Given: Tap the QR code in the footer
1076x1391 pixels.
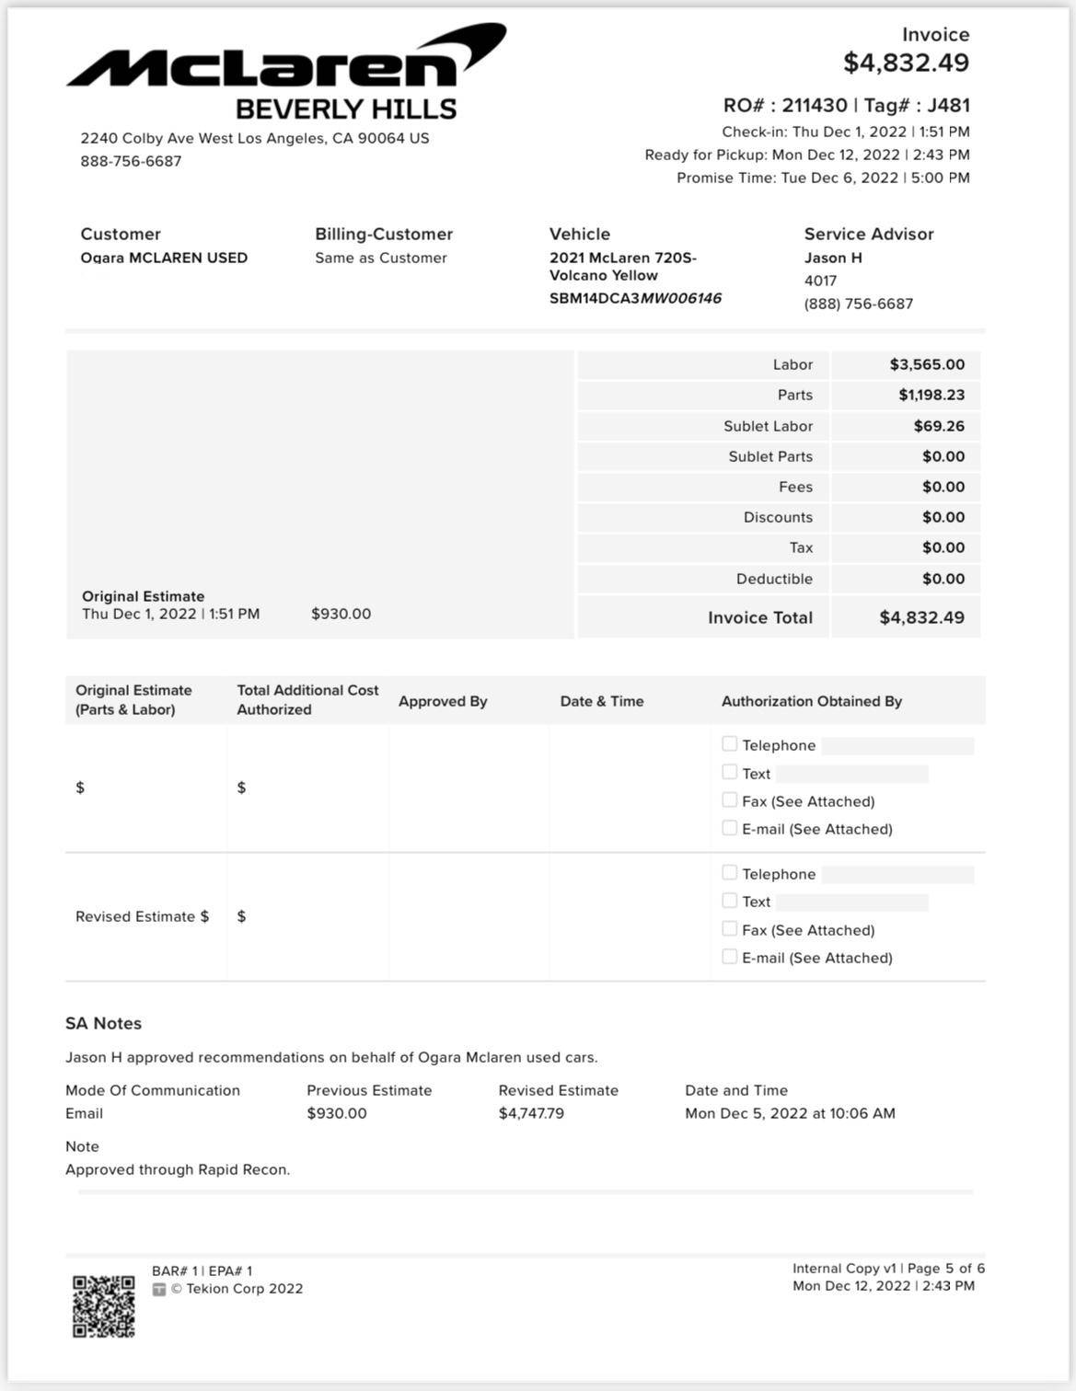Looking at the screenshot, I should tap(104, 1306).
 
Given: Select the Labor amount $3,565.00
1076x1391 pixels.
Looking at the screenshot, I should tap(927, 364).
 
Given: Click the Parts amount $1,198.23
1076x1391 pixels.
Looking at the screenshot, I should tap(931, 395).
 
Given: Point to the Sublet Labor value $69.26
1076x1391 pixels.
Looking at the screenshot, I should tap(939, 426).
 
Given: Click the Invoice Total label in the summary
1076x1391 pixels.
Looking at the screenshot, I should tap(759, 617).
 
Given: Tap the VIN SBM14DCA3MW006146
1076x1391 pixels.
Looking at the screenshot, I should tap(635, 298).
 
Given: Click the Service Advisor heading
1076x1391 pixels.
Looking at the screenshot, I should tap(868, 234).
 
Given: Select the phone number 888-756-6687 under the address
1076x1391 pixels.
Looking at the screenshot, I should tap(131, 161).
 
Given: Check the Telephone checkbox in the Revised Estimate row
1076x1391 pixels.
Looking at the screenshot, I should tap(730, 872).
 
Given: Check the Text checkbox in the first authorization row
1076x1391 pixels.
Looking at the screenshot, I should tap(730, 772).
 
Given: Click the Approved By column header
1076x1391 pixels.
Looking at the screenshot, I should tap(443, 701).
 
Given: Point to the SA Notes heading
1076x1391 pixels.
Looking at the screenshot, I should tap(103, 1023).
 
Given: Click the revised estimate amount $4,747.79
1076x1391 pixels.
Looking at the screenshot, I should tap(531, 1113).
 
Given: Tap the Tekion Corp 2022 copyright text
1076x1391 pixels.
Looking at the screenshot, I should tap(237, 1289).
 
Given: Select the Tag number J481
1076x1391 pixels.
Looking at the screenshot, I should tap(948, 105).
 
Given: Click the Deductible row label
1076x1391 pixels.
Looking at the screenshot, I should tap(774, 579).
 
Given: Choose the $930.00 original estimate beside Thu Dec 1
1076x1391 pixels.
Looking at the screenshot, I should tap(341, 614).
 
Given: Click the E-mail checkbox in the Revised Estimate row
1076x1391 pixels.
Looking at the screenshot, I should tap(730, 957).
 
